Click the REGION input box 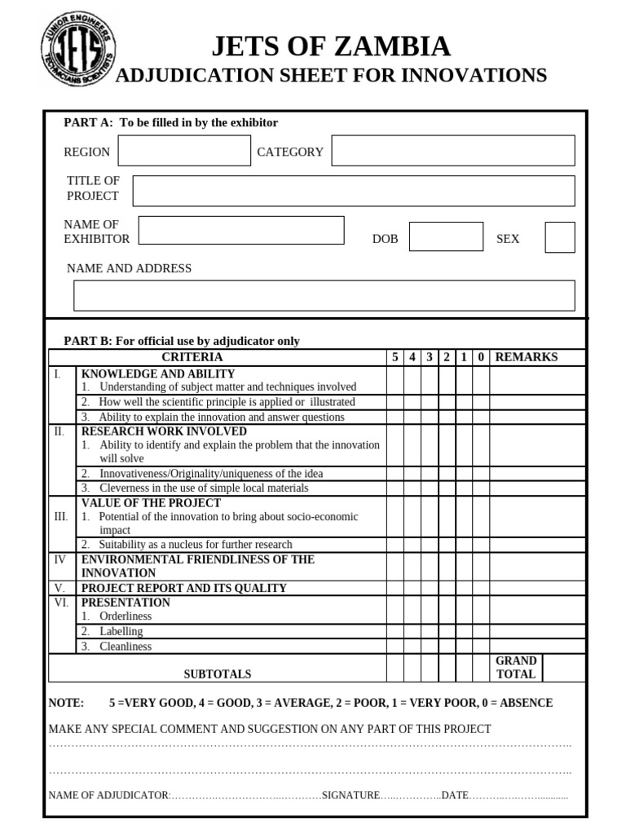click(184, 151)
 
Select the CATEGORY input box click(452, 151)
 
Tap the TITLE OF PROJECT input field click(353, 191)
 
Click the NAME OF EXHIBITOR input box click(241, 230)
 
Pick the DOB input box click(446, 236)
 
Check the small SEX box click(559, 237)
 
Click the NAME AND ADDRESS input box click(324, 295)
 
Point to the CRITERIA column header click(192, 357)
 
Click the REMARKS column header click(527, 357)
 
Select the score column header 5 click(395, 357)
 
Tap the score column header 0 click(481, 357)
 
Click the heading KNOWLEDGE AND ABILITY click(147, 373)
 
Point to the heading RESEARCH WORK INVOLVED click(164, 431)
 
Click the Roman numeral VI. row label click(60, 603)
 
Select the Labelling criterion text click(121, 631)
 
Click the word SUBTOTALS click(217, 674)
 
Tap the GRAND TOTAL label click(516, 667)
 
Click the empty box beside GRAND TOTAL click(564, 667)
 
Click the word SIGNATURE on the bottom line click(351, 795)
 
